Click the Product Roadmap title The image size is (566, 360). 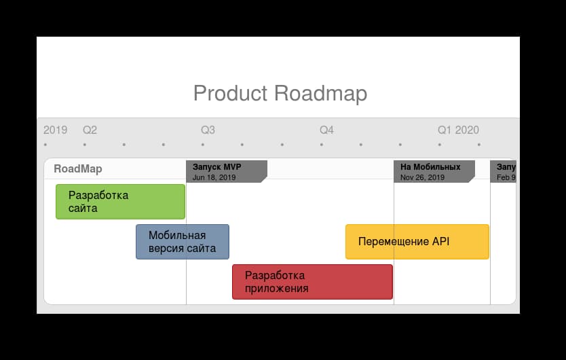pyautogui.click(x=280, y=93)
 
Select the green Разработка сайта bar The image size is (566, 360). pyautogui.click(x=120, y=202)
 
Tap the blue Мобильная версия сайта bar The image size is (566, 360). pyautogui.click(x=182, y=242)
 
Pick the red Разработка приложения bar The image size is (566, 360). pyautogui.click(x=312, y=282)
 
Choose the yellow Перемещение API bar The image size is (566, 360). pyautogui.click(x=417, y=242)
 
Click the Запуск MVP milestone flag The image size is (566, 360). pyautogui.click(x=226, y=171)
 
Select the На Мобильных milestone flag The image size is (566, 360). pyautogui.click(x=434, y=171)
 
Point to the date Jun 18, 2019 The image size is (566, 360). pyautogui.click(x=214, y=177)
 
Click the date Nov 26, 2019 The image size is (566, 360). pyautogui.click(x=422, y=177)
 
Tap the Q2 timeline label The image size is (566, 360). pyautogui.click(x=90, y=130)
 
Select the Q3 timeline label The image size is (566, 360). pyautogui.click(x=208, y=130)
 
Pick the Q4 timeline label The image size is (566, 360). pyautogui.click(x=326, y=130)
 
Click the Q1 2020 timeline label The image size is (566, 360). pyautogui.click(x=458, y=130)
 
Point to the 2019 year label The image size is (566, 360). pyautogui.click(x=55, y=130)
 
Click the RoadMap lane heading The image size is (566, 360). pyautogui.click(x=78, y=169)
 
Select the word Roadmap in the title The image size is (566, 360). pyautogui.click(x=320, y=93)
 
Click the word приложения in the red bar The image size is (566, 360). pyautogui.click(x=277, y=289)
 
